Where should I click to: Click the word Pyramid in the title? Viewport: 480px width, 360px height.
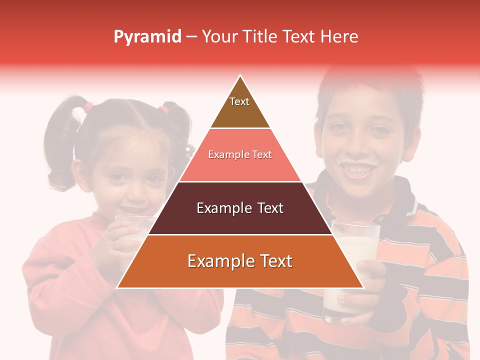pyautogui.click(x=147, y=37)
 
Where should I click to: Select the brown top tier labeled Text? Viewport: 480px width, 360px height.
pyautogui.click(x=240, y=107)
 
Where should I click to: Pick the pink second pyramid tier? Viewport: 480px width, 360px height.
pyautogui.click(x=240, y=155)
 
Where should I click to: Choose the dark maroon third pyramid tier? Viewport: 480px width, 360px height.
pyautogui.click(x=240, y=208)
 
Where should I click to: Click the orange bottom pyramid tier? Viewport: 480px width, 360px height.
pyautogui.click(x=240, y=261)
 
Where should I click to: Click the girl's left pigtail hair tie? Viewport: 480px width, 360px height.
pyautogui.click(x=88, y=106)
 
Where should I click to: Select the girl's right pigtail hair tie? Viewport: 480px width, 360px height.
pyautogui.click(x=164, y=109)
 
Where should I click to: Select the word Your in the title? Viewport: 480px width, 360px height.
pyautogui.click(x=219, y=37)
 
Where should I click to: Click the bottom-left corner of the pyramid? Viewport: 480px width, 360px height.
pyautogui.click(x=117, y=287)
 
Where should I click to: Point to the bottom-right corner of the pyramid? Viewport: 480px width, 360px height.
pyautogui.click(x=363, y=287)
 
